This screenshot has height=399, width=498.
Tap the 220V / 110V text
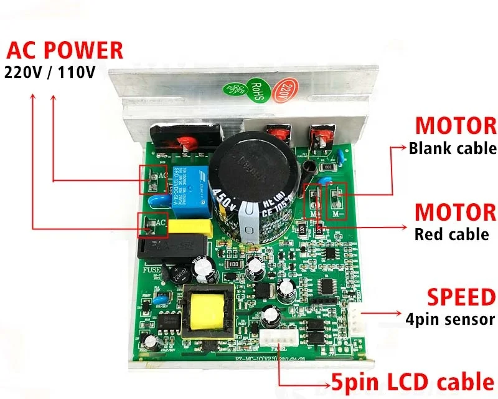50,72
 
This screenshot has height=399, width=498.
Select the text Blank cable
453,148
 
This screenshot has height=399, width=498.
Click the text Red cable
452,234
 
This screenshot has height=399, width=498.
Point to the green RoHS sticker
255,90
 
